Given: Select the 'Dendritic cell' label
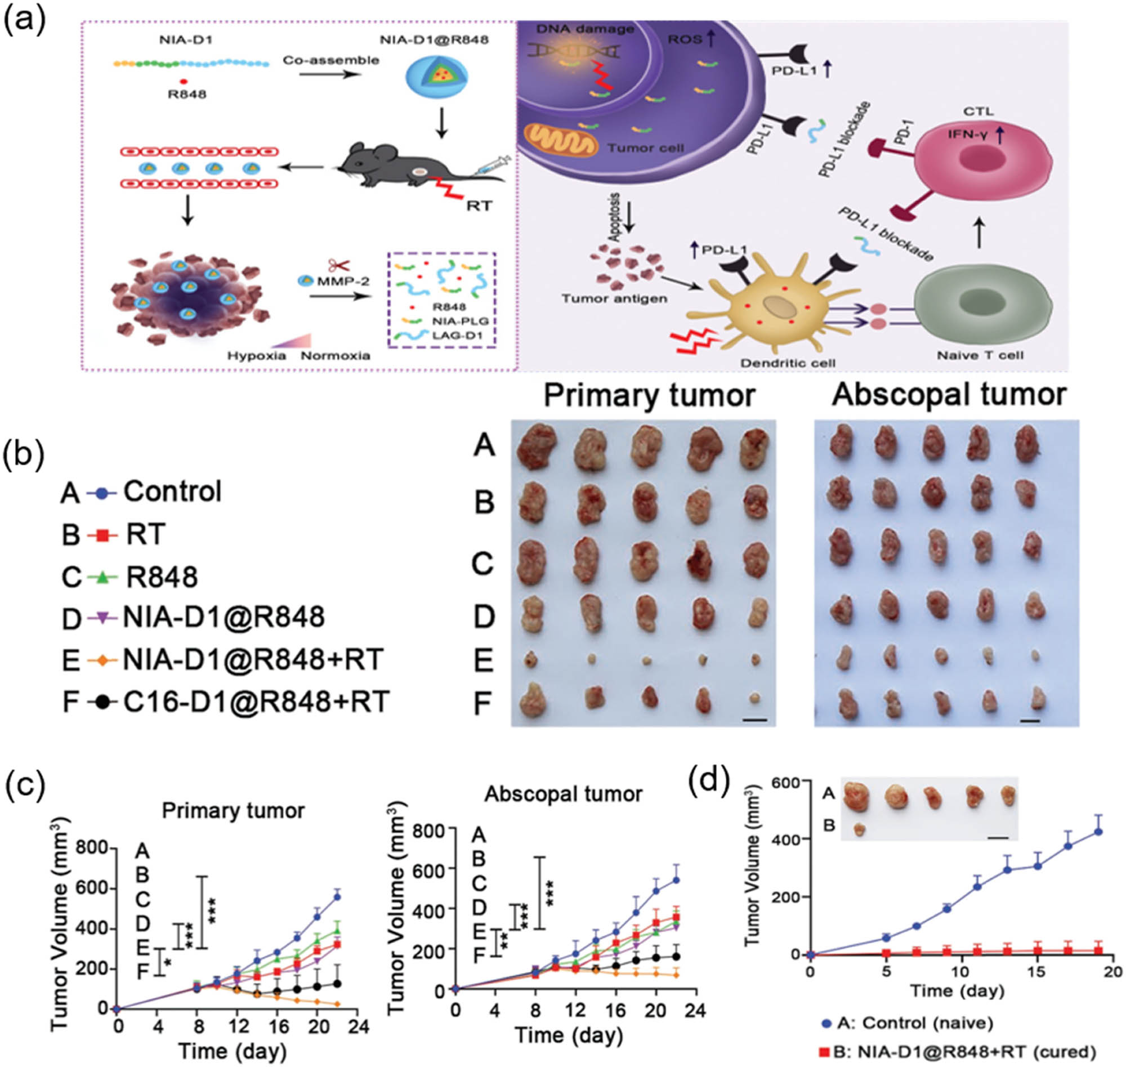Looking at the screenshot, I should pyautogui.click(x=788, y=362).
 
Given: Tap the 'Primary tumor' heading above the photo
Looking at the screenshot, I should pyautogui.click(x=650, y=395).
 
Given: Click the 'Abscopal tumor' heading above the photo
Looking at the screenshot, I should pyautogui.click(x=949, y=394).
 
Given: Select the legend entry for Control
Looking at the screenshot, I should pyautogui.click(x=172, y=492).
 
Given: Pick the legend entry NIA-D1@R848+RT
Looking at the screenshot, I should pyautogui.click(x=253, y=660).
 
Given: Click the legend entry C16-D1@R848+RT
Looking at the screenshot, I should pyautogui.click(x=256, y=701).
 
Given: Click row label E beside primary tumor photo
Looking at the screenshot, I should pyautogui.click(x=483, y=660).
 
